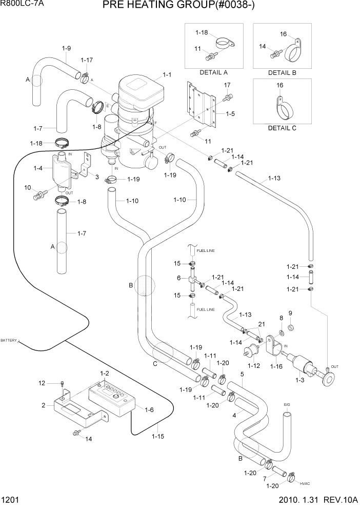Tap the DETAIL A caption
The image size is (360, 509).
213,72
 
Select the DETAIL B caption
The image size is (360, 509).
282,72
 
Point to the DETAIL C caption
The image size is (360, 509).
282,128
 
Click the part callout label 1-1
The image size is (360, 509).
167,75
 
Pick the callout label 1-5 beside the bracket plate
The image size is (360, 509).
230,114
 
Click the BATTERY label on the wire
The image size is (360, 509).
9,340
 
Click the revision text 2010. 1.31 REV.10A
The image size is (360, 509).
312,502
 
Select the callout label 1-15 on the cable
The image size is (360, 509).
159,437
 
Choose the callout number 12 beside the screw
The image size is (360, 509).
43,383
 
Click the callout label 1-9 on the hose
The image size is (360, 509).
66,48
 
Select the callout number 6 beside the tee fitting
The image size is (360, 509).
179,278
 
